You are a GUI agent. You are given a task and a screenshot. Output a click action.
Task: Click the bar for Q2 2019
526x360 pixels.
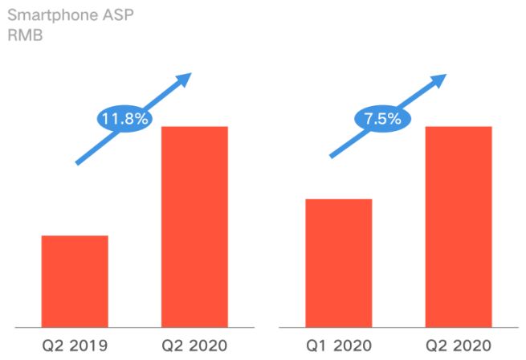tap(75, 281)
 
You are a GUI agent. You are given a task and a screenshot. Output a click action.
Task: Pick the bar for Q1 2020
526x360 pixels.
tap(338, 263)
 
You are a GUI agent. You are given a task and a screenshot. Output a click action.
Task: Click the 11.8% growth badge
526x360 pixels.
tap(124, 119)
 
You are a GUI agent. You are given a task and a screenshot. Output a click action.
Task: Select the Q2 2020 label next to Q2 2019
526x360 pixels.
tap(194, 346)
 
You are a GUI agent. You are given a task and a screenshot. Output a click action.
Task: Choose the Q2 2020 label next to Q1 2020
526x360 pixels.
tap(458, 346)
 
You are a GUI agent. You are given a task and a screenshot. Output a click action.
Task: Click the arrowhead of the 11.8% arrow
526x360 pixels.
tap(186, 79)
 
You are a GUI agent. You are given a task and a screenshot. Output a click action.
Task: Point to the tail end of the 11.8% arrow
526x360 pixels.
tap(78, 162)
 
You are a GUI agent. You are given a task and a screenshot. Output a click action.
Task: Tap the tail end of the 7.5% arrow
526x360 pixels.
tap(332, 156)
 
